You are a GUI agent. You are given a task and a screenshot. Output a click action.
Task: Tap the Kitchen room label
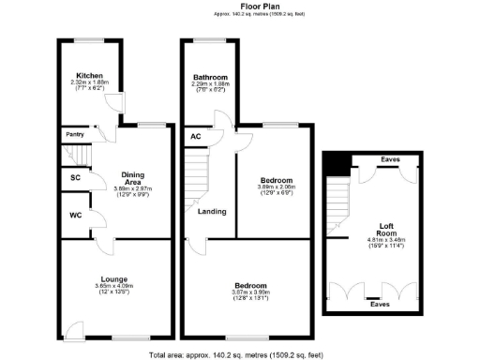pyautogui.click(x=90, y=75)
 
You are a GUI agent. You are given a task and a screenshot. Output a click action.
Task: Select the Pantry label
pyautogui.click(x=75, y=134)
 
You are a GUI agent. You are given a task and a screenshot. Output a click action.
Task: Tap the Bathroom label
pyautogui.click(x=210, y=77)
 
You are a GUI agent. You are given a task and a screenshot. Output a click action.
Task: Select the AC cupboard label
pyautogui.click(x=195, y=137)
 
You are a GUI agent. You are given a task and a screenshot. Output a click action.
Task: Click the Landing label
pyautogui.click(x=211, y=212)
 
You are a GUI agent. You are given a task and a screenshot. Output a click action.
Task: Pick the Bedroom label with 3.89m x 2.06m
pyautogui.click(x=276, y=180)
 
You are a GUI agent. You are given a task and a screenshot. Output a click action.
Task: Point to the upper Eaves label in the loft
pyautogui.click(x=390, y=159)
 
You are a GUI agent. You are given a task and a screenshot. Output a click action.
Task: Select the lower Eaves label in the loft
pyautogui.click(x=380, y=304)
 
